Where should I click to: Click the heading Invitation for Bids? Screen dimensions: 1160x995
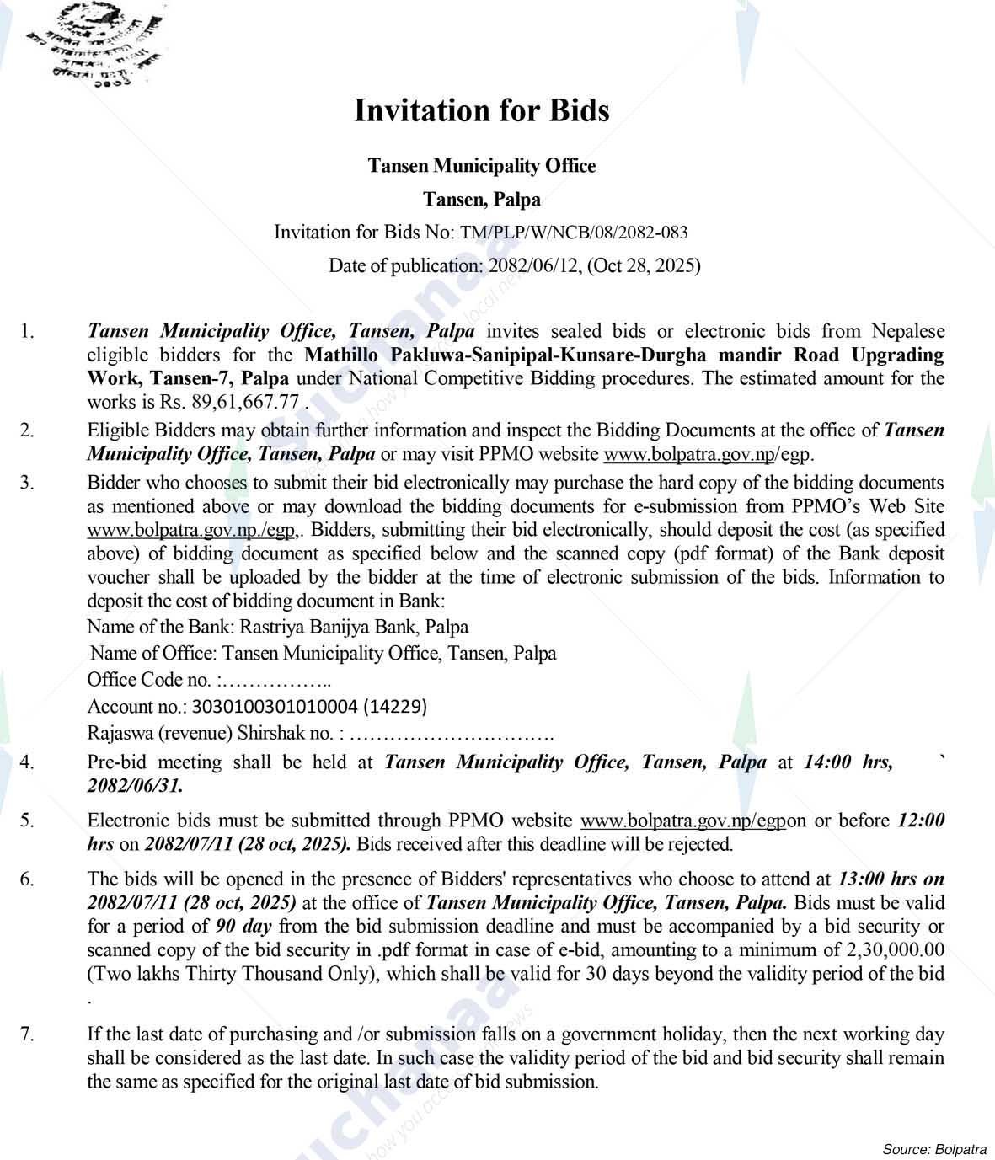(x=481, y=111)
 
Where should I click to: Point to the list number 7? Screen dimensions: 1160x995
(x=28, y=1034)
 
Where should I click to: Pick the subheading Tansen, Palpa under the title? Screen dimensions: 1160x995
(x=481, y=200)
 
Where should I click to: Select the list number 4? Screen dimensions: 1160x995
(x=28, y=762)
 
